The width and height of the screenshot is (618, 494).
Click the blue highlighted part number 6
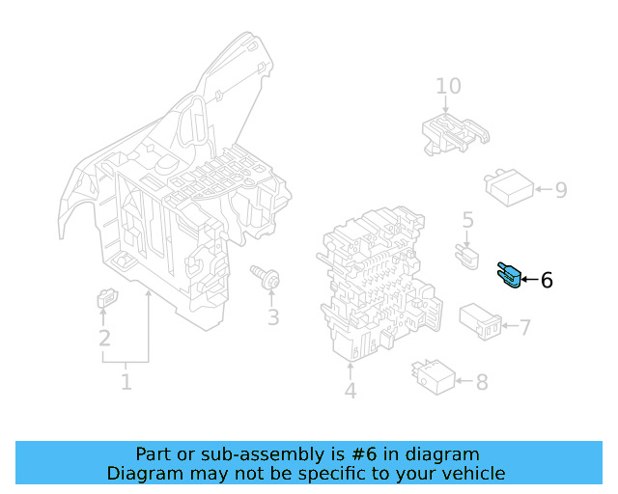pos(509,277)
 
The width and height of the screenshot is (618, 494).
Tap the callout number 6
pos(547,281)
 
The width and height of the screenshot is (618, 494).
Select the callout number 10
pos(448,87)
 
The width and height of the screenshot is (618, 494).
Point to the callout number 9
pos(560,190)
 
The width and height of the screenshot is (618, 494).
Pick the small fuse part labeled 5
pos(467,256)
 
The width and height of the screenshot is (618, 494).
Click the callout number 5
pos(468,221)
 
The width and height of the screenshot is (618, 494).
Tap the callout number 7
pos(525,328)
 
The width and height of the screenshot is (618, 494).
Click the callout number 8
pos(481,382)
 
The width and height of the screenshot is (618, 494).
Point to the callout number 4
pos(350,391)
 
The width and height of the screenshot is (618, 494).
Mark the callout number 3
pos(273,317)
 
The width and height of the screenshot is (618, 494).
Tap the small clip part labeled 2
pos(104,301)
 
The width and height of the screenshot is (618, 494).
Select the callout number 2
pos(103,339)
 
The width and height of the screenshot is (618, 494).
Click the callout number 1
pos(126,383)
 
